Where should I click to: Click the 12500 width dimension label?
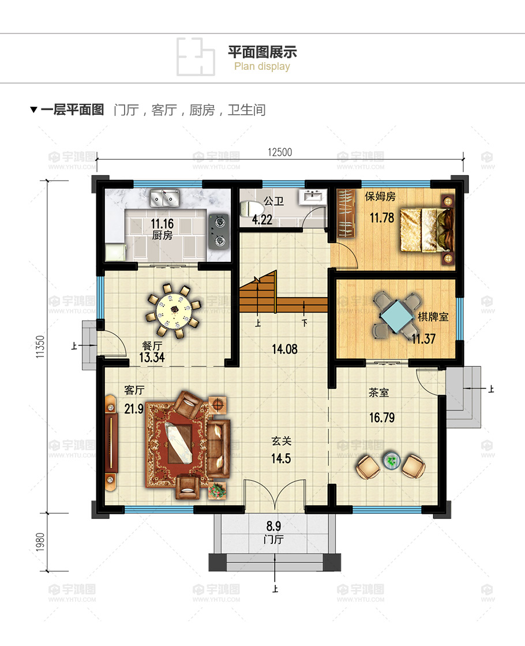280,152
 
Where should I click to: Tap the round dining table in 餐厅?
172,311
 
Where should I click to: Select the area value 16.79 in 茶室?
382,418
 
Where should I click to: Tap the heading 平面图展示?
262,52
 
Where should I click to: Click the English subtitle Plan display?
262,66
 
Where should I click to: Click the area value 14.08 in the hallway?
284,348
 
